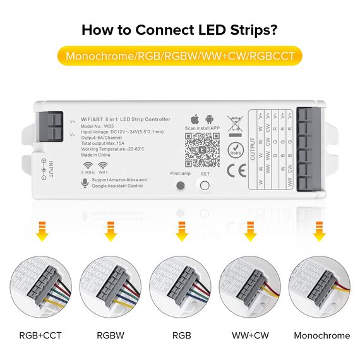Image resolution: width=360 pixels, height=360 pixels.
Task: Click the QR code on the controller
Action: [203, 150]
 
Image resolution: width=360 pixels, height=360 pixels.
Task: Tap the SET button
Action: [205, 186]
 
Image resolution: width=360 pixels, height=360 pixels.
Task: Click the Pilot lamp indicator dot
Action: [180, 186]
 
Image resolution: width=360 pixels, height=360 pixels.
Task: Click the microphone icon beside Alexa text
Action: [85, 183]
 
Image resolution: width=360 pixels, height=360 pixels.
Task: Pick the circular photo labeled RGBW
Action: [111, 287]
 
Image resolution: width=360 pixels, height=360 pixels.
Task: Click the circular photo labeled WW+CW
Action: [249, 287]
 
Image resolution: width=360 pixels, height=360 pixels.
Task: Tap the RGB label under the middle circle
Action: [181, 335]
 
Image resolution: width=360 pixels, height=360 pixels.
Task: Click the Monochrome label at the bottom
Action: [321, 335]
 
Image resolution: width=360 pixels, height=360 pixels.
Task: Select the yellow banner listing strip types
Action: [180, 56]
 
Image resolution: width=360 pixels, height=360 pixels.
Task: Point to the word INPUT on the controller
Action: [51, 168]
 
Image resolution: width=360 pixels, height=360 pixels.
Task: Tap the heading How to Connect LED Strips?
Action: [180, 29]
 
